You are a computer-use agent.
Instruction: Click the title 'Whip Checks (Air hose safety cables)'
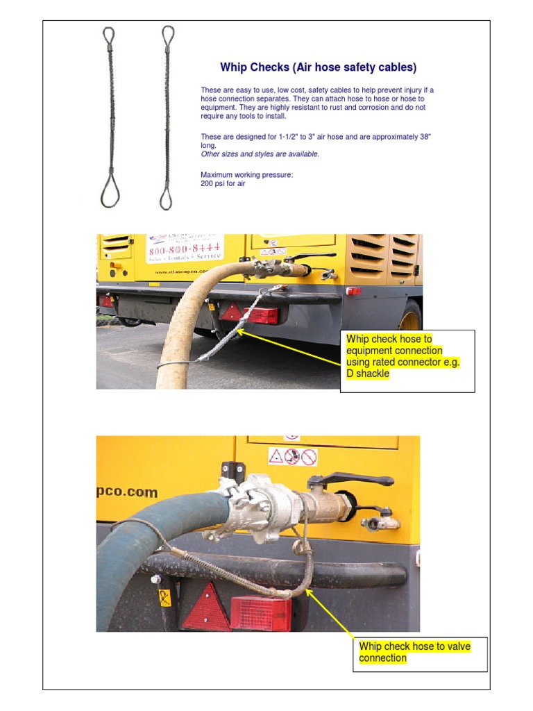[318, 67]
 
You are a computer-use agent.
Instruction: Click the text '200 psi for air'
[223, 184]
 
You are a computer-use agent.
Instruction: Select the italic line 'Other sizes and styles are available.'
[260, 154]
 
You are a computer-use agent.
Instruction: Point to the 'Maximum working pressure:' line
[246, 175]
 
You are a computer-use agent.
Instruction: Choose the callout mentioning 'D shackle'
[407, 357]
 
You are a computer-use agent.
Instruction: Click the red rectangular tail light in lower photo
[260, 613]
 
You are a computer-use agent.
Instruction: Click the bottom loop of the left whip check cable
[110, 191]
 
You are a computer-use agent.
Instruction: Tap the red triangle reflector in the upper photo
[230, 313]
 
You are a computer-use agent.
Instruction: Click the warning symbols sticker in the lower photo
[293, 456]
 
